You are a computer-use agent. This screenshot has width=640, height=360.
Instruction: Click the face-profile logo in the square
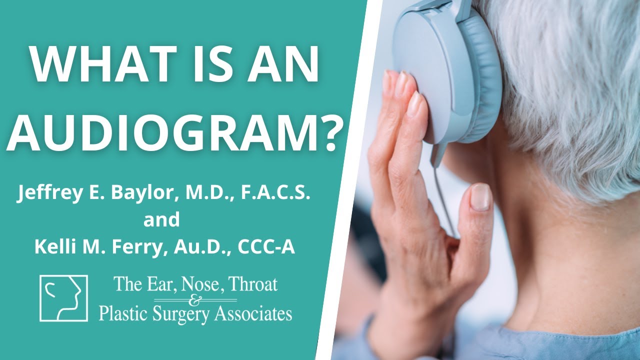[63, 298]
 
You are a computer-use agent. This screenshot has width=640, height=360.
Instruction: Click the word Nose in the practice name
[200, 285]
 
